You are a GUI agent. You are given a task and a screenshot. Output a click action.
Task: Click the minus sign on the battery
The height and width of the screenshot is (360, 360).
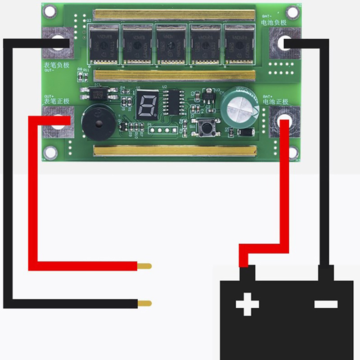click(326, 304)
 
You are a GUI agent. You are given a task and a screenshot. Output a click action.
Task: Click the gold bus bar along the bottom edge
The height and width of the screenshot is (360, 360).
click(175, 150)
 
